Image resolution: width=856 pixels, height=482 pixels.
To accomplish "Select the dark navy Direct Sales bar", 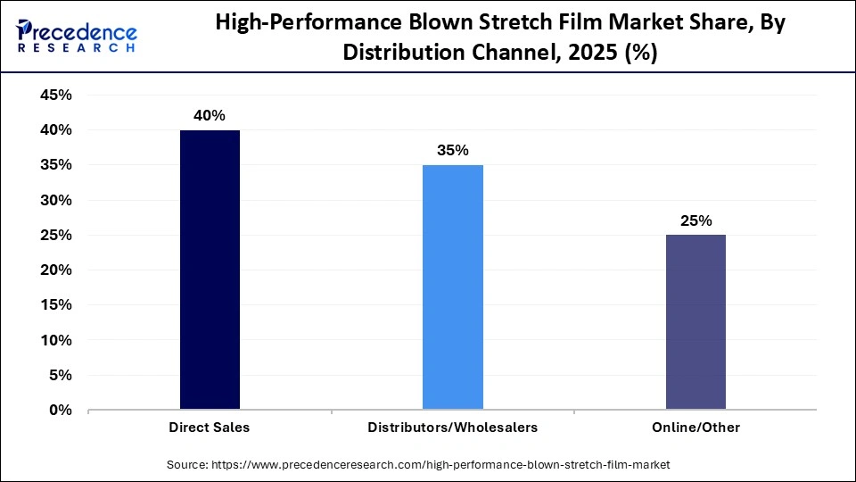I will click(x=210, y=270).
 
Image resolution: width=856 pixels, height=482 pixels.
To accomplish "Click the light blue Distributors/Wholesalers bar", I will click(x=452, y=287).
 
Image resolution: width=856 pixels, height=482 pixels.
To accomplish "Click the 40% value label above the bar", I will click(x=210, y=116).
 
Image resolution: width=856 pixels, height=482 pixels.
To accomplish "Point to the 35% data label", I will click(x=452, y=151).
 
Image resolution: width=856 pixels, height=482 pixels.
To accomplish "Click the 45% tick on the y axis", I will click(x=55, y=96).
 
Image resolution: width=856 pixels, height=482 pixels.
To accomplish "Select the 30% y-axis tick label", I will click(x=55, y=200).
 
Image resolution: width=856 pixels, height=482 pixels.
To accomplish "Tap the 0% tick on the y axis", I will click(x=60, y=411).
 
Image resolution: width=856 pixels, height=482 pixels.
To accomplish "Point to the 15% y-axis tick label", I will click(x=55, y=305).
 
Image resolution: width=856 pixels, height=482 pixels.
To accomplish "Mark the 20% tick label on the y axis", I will click(x=55, y=270).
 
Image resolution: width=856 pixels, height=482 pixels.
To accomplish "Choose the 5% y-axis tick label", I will click(x=60, y=376).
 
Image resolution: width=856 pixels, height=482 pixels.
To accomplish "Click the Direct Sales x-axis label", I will click(x=210, y=428).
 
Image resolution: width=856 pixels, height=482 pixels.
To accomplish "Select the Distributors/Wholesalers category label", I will click(x=452, y=428).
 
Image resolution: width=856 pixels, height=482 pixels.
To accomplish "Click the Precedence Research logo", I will click(x=77, y=37).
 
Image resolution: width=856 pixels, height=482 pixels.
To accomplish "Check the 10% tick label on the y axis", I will click(x=55, y=341).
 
